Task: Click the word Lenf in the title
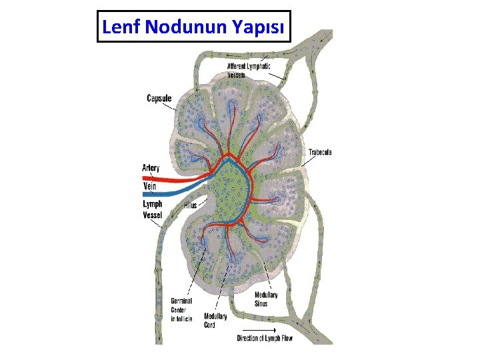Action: coord(121,27)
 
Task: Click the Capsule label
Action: coord(159,99)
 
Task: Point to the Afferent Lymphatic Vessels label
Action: coord(249,71)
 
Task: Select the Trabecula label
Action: coord(320,153)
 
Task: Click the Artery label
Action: coord(151,168)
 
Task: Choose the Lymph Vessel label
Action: coord(152,209)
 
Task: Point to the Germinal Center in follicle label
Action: coord(181,310)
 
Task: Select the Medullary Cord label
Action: coord(215,321)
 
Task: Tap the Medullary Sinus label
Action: coord(266,299)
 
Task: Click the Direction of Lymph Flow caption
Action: coord(265,338)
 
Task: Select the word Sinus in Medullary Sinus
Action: coord(261,303)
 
